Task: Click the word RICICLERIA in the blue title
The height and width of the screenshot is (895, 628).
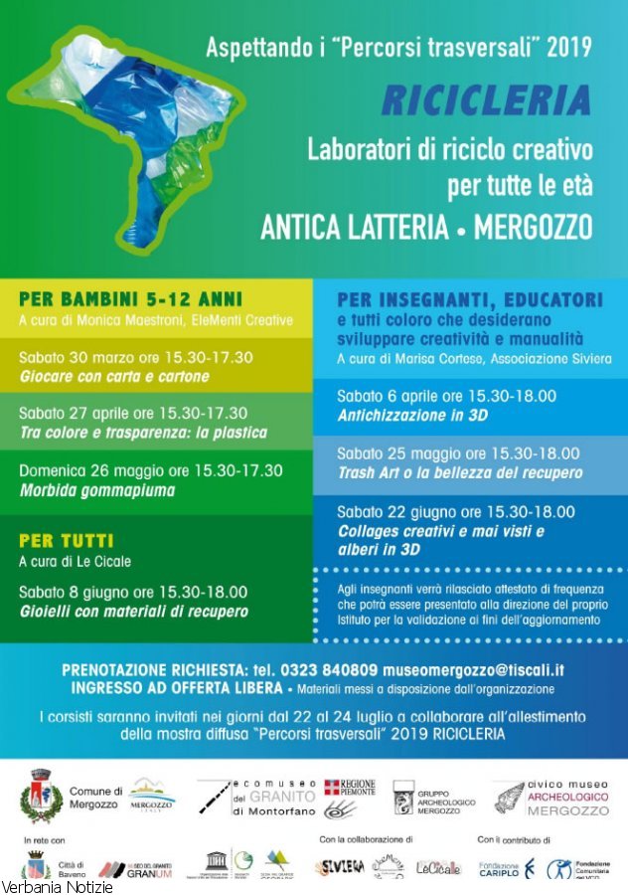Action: [486, 99]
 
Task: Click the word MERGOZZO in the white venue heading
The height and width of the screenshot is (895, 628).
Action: [533, 228]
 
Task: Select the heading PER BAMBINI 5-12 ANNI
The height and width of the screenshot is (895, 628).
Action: [130, 298]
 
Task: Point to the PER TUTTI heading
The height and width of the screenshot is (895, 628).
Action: [66, 541]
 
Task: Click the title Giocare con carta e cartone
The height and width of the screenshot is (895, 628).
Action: [114, 377]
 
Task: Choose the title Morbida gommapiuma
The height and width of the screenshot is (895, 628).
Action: [96, 490]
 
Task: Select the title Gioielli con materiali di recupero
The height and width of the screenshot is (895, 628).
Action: [133, 611]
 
